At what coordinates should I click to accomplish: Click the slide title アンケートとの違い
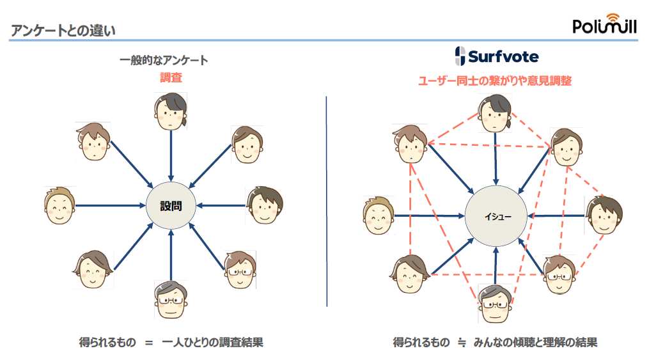pos(63,30)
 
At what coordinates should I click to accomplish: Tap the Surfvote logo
pos(496,56)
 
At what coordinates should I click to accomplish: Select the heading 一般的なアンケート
pos(164,61)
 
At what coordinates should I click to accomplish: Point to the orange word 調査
pos(171,78)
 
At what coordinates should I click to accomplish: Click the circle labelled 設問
pos(171,205)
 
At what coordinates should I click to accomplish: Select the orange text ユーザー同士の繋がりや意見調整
pos(494,81)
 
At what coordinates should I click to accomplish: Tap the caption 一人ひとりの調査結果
pos(212,342)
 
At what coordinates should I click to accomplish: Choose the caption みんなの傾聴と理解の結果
pos(535,342)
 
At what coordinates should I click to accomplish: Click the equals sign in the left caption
pos(149,343)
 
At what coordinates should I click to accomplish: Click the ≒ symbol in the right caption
pos(462,343)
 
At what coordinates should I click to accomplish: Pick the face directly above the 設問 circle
pos(171,111)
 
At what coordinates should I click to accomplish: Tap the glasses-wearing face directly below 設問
pos(171,300)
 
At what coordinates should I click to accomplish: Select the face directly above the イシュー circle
pos(496,113)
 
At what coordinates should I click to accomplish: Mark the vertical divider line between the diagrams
pos(327,201)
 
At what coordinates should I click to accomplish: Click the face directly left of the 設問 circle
pos(59,205)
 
